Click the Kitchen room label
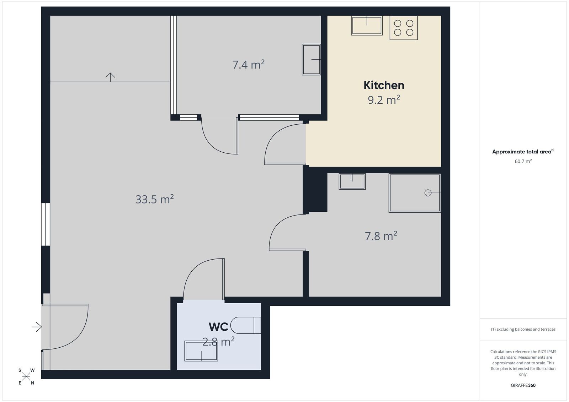[384, 85]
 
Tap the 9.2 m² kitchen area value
[384, 100]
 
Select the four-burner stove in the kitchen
[404, 28]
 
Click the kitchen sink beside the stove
[367, 25]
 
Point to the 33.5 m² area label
[154, 199]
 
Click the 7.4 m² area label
[249, 64]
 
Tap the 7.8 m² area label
[381, 236]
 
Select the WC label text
[218, 327]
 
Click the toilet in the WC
[246, 325]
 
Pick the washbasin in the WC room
[201, 351]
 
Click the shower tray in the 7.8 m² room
[415, 193]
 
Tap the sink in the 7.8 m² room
[352, 181]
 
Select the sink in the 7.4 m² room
[311, 60]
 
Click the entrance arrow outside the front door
[37, 327]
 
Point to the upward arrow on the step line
[110, 77]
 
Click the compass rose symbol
[26, 376]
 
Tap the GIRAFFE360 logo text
[523, 385]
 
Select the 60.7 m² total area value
[523, 161]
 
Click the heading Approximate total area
[522, 152]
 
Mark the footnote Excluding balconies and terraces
[523, 329]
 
